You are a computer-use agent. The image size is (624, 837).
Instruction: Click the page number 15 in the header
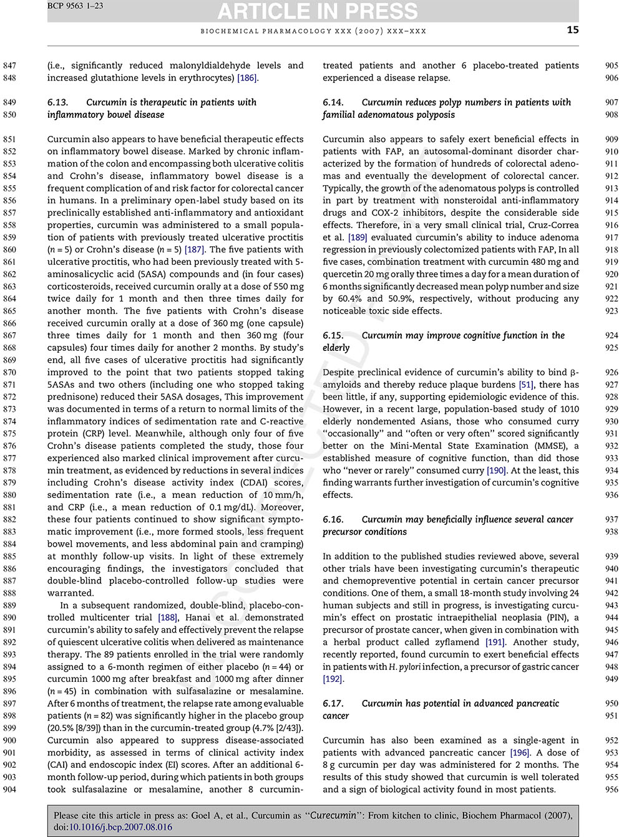(x=572, y=30)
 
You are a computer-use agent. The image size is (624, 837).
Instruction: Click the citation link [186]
(x=248, y=78)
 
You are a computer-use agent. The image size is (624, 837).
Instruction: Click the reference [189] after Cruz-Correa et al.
(x=358, y=237)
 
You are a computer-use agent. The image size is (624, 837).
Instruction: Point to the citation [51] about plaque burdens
(x=526, y=385)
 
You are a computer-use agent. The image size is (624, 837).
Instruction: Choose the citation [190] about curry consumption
(x=497, y=471)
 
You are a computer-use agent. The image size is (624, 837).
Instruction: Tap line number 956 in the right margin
(x=612, y=790)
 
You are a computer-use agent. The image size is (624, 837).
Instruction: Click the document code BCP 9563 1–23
(x=76, y=6)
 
